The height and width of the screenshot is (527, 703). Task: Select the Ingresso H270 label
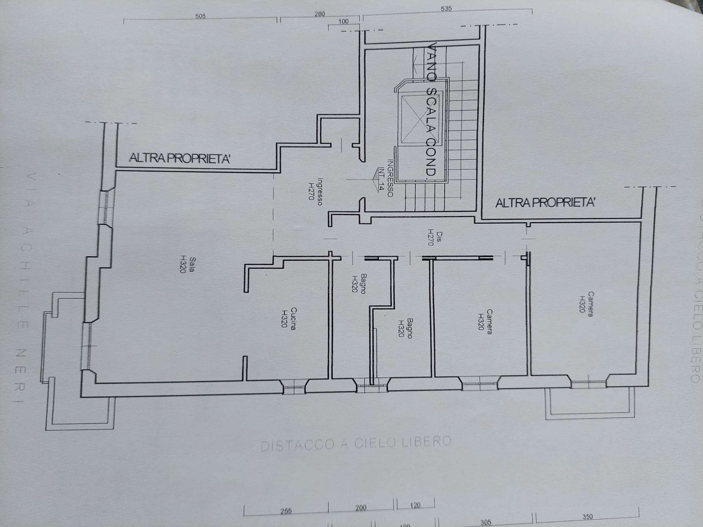click(315, 191)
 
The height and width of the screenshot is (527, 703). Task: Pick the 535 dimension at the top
click(446, 9)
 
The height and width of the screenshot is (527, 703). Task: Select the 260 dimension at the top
click(319, 14)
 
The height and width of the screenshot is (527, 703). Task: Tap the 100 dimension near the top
click(343, 22)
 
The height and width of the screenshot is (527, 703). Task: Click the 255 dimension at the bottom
click(286, 511)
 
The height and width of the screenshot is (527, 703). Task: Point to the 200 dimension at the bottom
click(361, 508)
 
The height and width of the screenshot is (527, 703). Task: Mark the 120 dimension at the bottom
click(415, 505)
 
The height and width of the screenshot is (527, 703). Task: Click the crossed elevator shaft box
click(421, 117)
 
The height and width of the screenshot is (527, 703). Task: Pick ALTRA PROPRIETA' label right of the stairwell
click(545, 203)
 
